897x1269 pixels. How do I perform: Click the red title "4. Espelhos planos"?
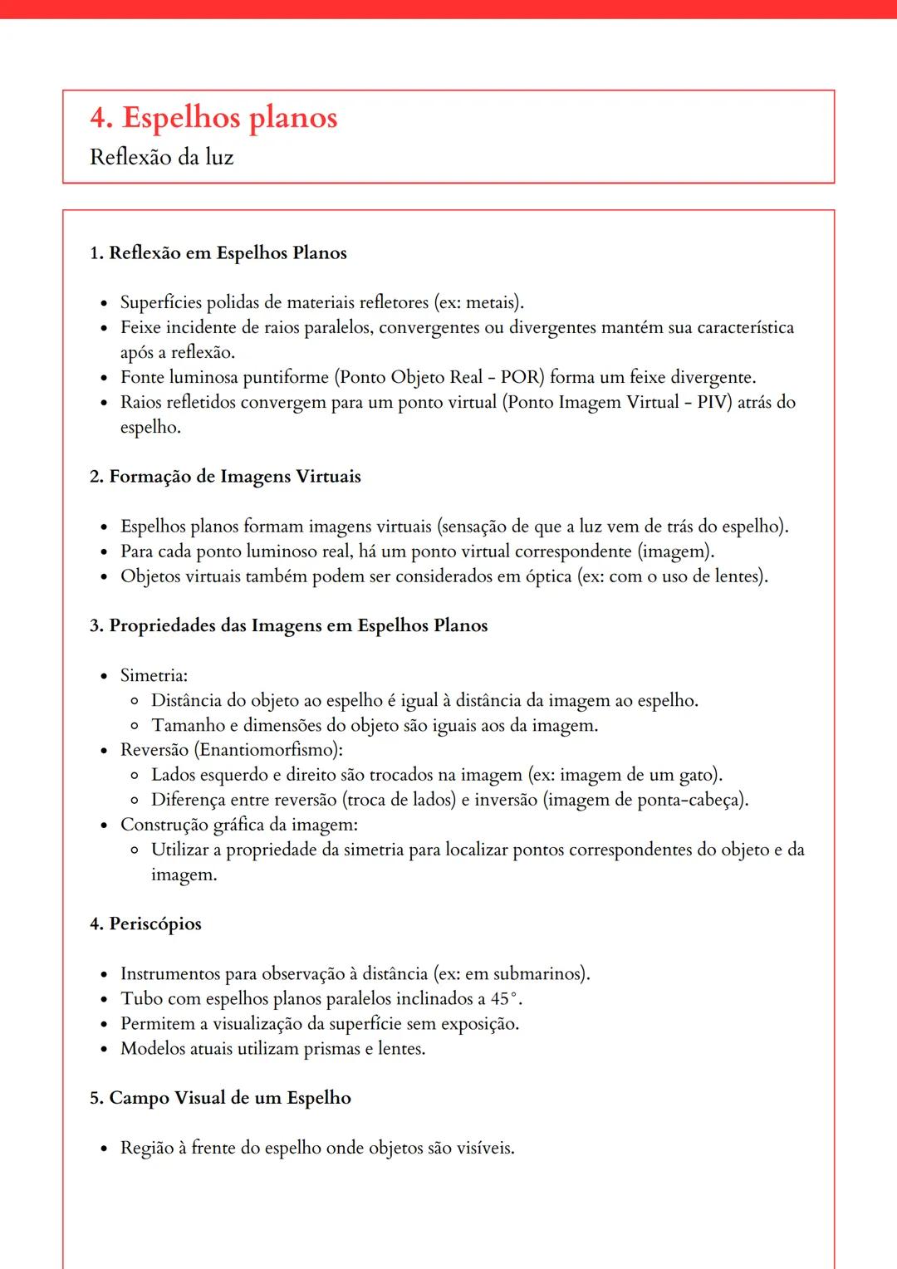tap(213, 118)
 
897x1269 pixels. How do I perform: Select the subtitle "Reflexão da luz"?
tap(161, 157)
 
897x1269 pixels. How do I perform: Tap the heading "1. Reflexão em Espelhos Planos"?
tap(218, 253)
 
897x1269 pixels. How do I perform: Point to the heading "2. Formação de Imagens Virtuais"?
tap(225, 477)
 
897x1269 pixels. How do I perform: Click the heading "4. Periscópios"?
tap(145, 924)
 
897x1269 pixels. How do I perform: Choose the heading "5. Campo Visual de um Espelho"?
tap(220, 1098)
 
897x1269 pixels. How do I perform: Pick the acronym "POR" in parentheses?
tap(520, 377)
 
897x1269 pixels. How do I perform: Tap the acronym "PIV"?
tap(713, 402)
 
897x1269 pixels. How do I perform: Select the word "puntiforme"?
tap(286, 377)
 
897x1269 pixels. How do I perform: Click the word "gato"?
tap(697, 775)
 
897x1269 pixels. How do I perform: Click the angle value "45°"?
tap(505, 998)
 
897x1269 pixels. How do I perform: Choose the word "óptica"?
tap(547, 576)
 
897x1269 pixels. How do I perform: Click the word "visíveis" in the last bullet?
tap(483, 1148)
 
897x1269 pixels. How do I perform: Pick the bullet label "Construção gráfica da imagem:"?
tap(239, 825)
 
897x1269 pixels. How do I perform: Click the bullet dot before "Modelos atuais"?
tap(104, 1050)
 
